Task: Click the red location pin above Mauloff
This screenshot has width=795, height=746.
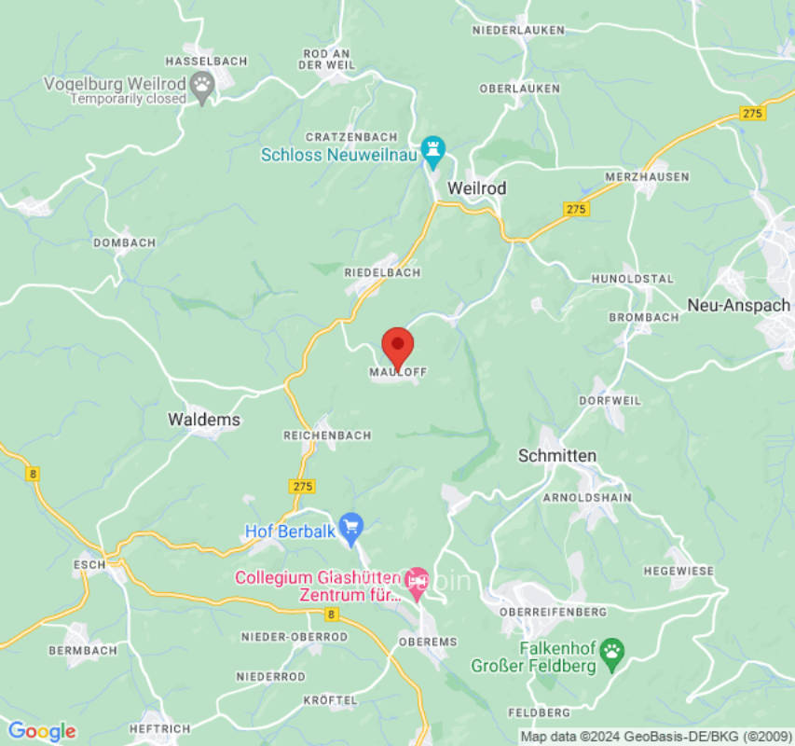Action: point(398,347)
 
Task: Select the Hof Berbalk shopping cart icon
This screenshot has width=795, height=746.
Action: point(350,527)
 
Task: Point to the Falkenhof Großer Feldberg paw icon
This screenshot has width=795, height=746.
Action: point(612,650)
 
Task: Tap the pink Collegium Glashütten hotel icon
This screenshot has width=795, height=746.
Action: point(417,578)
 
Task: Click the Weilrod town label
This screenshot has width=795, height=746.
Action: point(476,188)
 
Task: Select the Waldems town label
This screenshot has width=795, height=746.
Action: point(204,420)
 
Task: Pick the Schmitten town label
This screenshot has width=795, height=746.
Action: point(556,455)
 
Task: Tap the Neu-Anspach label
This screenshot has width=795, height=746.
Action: point(738,305)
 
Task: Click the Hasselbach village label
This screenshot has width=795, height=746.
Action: point(206,62)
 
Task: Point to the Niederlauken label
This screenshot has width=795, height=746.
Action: point(518,31)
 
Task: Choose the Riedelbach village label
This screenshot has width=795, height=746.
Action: point(382,272)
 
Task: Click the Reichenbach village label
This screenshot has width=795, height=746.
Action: point(327,435)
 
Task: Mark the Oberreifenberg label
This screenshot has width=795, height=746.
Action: point(553,612)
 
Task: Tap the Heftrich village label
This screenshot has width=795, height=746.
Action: point(160,728)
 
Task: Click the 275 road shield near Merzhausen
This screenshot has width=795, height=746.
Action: point(576,209)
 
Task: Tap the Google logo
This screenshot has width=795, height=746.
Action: point(41,731)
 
